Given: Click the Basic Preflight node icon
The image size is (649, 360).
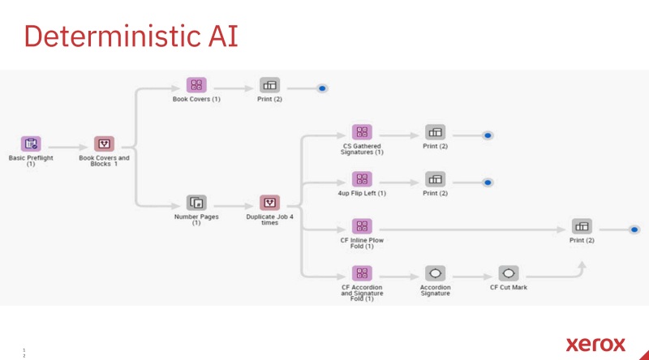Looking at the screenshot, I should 31,144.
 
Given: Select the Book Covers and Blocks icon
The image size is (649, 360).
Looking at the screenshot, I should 104,144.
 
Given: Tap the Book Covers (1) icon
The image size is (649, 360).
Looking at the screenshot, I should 196,84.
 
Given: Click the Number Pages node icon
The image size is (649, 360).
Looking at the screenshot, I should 196,203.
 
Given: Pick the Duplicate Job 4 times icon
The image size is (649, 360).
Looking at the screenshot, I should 270,203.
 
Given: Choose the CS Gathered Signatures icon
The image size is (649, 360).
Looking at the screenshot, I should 362,132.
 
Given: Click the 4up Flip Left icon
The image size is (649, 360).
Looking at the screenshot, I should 362,179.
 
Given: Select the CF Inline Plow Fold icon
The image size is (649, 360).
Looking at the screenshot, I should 362,226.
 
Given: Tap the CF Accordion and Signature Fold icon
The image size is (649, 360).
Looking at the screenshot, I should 362,273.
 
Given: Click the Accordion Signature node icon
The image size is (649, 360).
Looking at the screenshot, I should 436,273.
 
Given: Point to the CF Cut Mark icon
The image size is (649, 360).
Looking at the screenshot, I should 509,273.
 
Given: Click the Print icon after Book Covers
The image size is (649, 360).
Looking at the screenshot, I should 270,84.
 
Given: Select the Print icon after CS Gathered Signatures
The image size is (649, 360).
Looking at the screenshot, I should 436,132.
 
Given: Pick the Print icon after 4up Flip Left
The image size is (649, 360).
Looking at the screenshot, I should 436,179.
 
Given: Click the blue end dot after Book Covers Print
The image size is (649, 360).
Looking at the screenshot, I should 322,88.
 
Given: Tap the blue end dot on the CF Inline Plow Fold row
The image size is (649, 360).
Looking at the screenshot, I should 634,229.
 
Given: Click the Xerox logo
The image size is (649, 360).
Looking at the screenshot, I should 595,343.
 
